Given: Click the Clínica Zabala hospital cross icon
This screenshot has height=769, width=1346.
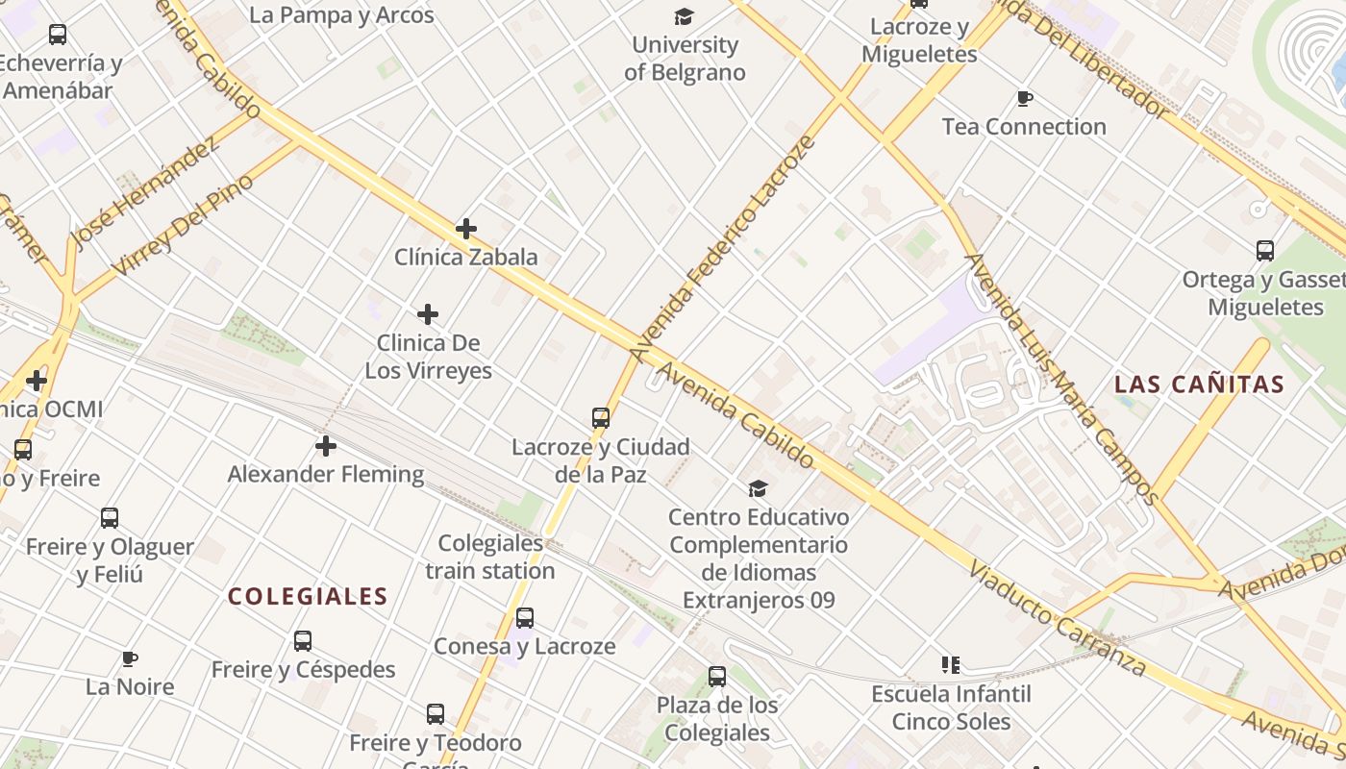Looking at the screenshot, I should pos(466,229).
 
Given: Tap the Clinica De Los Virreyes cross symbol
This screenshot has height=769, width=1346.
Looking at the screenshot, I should pos(428,314).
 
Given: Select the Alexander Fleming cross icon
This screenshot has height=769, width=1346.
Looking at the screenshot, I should pos(326,446).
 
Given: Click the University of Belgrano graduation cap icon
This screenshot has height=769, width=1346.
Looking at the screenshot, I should pos(684,16).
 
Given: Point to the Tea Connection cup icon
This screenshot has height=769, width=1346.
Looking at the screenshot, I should pos(1025,98).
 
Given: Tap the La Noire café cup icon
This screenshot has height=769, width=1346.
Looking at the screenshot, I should pos(130,658).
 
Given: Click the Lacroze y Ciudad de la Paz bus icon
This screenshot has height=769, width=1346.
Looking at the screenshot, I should pos(601,418).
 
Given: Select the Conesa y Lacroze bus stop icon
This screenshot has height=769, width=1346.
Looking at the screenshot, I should pos(525,618).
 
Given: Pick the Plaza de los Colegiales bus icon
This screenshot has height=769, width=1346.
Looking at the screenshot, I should pos(717,677).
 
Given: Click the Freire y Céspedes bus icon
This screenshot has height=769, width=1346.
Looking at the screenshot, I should pos(303,641).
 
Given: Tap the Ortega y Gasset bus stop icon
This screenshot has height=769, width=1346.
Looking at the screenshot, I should pos(1265,251).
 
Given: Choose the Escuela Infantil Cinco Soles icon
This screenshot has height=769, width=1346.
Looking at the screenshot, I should pos(951,665).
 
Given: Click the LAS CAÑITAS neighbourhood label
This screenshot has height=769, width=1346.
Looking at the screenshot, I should pos(1199,385).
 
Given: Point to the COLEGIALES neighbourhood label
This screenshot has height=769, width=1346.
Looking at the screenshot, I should pos(308,597).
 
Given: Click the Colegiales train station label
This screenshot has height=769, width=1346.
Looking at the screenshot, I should pos(490,558).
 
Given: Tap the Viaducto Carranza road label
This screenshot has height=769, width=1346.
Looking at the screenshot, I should pos(1057,619).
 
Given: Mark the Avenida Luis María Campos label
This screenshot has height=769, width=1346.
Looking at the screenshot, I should pos(1061,378).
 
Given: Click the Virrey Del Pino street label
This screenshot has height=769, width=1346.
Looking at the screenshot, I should pos(183,225).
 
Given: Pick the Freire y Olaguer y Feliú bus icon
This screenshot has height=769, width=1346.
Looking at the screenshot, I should pos(110,518).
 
